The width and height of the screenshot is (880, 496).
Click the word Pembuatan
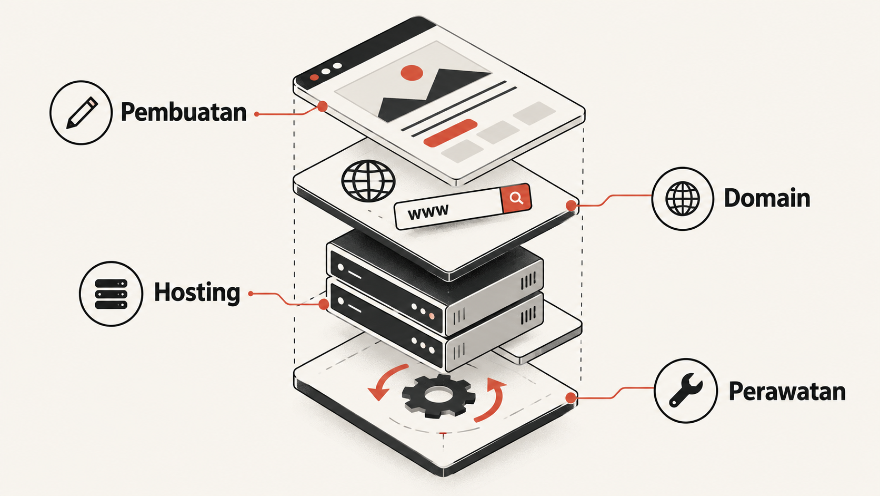pos(184,112)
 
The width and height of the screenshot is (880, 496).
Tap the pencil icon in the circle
pos(82,112)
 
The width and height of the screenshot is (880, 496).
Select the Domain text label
pos(767,198)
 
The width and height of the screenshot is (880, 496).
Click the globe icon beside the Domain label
pos(683,199)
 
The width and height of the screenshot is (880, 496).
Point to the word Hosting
pos(197,293)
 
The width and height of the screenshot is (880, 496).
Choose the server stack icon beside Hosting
pos(111,294)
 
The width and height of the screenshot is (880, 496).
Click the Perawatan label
pos(787,392)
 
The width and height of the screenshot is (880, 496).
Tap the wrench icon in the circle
pos(686,390)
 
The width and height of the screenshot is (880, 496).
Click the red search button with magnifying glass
pos(516,198)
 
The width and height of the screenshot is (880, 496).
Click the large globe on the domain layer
pos(368,181)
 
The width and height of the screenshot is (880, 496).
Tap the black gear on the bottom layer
pos(438,395)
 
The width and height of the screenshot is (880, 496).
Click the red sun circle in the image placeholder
pos(412,73)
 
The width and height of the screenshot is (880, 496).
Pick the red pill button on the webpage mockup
pos(450,133)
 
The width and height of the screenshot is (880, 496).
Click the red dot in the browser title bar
pos(314,77)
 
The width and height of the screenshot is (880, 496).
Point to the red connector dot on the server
pos(324,304)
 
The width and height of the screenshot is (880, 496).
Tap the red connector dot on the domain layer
pos(572,206)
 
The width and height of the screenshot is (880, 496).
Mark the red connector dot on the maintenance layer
pos(571,398)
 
